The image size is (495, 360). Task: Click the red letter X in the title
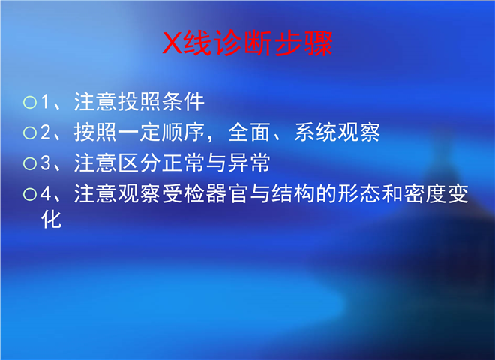click(172, 43)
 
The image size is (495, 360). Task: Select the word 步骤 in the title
click(304, 43)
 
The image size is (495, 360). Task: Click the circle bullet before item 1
click(30, 102)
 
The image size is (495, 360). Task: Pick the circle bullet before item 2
click(30, 133)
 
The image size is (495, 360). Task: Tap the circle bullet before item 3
click(30, 163)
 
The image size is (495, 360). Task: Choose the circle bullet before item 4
click(30, 194)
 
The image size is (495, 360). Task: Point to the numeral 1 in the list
click(46, 102)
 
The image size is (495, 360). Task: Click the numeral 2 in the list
click(46, 132)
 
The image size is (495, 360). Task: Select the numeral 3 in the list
click(46, 163)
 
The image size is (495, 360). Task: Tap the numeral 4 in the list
click(46, 193)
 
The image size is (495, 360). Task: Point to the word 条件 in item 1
click(183, 102)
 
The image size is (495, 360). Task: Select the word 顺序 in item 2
click(183, 132)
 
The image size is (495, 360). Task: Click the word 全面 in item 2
click(250, 132)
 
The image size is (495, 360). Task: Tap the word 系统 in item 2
click(315, 132)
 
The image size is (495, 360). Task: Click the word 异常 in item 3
click(249, 163)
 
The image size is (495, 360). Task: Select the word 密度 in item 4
click(424, 193)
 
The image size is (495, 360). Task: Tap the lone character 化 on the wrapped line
click(51, 219)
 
